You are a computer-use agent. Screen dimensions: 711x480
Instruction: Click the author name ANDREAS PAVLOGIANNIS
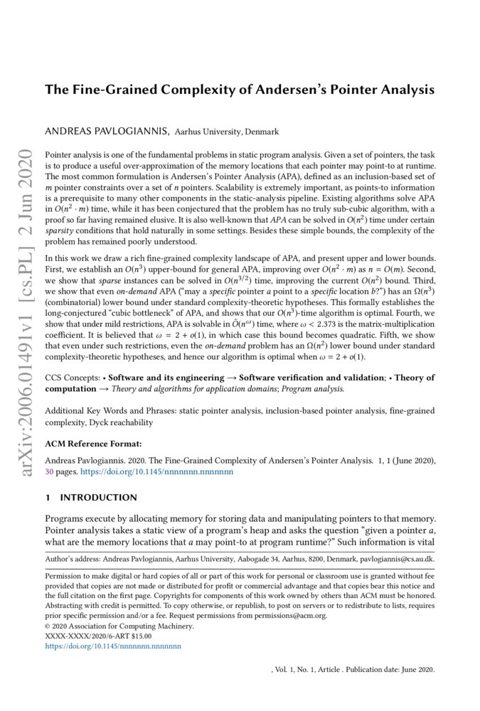tap(107, 132)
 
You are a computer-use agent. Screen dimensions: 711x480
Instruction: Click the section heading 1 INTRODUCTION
tap(91, 498)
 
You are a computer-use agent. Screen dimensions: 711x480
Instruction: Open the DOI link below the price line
tap(113, 646)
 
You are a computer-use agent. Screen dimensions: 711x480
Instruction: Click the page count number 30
tap(49, 471)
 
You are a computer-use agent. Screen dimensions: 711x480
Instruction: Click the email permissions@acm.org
tap(296, 616)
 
